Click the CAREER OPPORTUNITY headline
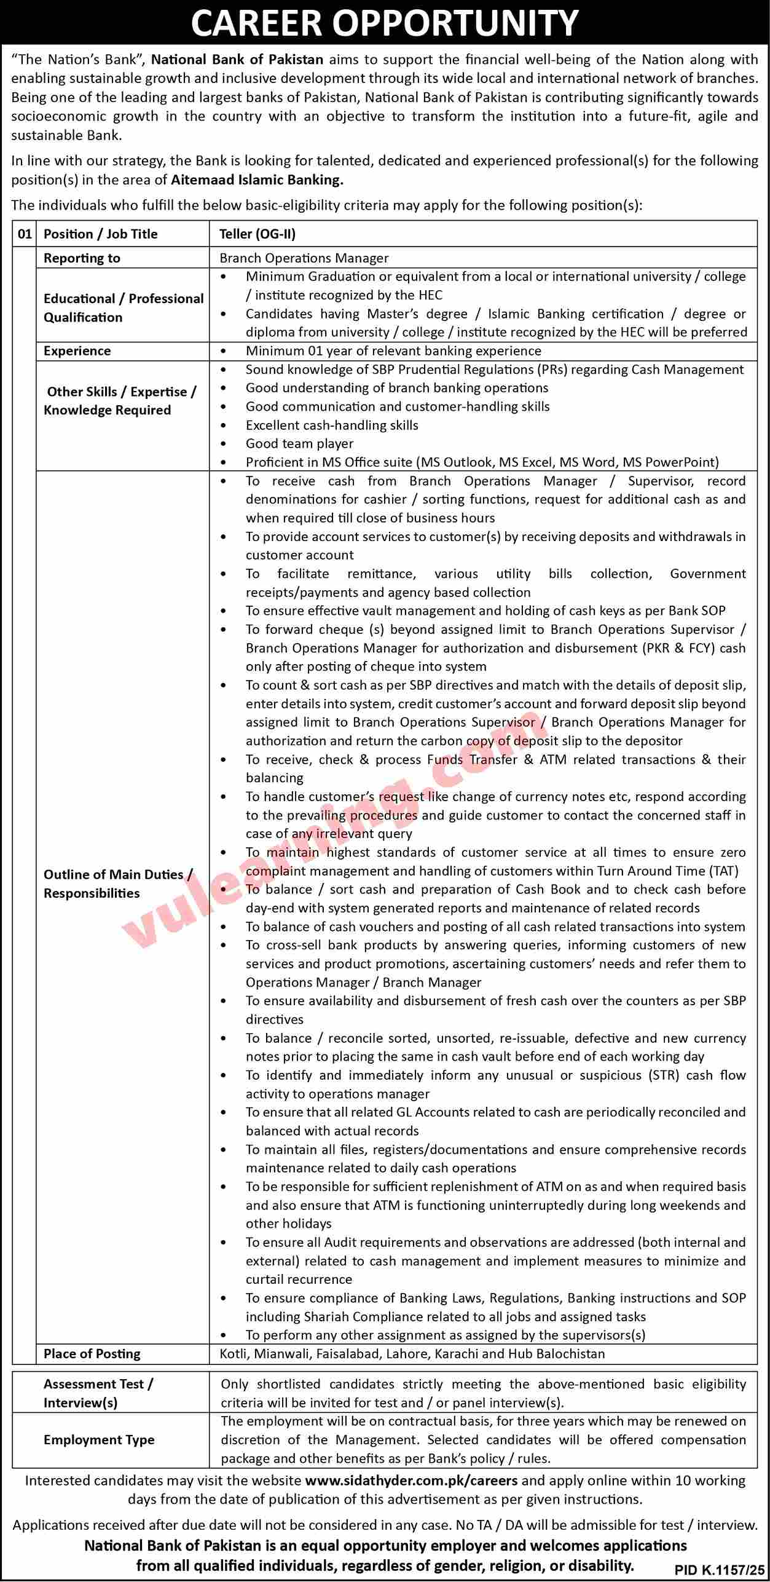385,23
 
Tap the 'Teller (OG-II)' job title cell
257,234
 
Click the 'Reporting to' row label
82,258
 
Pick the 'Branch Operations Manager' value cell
304,258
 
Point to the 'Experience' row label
77,350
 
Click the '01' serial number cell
25,234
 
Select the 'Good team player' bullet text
299,443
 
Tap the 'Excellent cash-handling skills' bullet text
332,425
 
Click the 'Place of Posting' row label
92,1353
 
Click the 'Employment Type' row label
99,1439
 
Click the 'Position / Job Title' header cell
101,234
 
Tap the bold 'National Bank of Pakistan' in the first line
237,60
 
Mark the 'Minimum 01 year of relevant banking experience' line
393,350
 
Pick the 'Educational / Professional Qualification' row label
124,307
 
